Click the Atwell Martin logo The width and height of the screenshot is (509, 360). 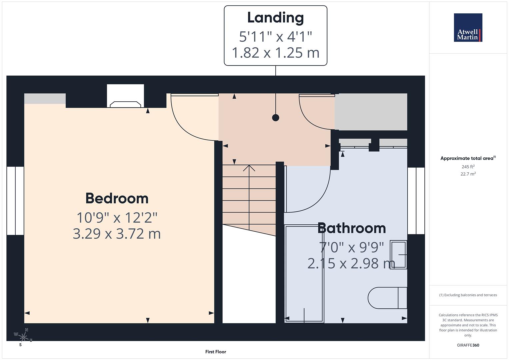coord(468,27)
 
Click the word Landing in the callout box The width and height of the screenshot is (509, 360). coord(275,18)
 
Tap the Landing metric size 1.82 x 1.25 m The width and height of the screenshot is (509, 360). coord(275,53)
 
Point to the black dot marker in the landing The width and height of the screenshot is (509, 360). coord(275,118)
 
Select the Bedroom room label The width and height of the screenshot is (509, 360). coord(117,198)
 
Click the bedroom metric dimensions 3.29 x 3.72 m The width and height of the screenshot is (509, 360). coord(117,233)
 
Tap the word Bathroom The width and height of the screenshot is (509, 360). coord(351,228)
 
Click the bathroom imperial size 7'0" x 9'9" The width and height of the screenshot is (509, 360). coord(351,247)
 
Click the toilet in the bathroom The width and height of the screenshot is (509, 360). coord(387,298)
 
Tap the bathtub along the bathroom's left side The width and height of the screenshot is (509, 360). coord(304,273)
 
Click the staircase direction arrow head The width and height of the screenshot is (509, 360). coord(249,168)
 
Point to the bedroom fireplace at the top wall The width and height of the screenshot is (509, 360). coord(125,104)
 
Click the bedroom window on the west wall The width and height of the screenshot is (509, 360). coord(15,201)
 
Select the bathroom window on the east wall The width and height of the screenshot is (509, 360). coord(416,201)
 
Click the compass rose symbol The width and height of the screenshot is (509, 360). coord(23,337)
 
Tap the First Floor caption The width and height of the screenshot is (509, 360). coord(215,352)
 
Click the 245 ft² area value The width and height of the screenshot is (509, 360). coord(468,167)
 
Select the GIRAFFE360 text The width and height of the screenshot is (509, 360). coord(468,345)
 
